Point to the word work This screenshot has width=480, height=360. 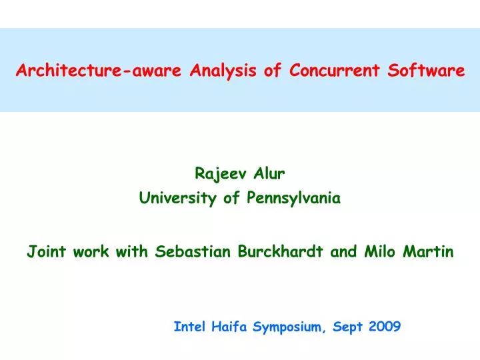[87, 252]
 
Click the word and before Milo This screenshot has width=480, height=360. [345, 252]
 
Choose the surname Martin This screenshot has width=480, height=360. [430, 252]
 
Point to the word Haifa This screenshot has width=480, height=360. [230, 327]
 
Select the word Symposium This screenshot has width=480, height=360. [287, 327]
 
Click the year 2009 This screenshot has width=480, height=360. [383, 327]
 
